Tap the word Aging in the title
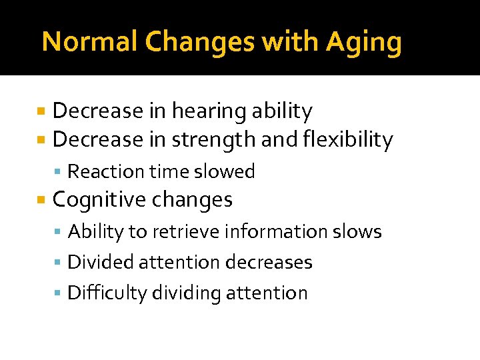pos(364,43)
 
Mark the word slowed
pos(225,171)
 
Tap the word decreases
pos(269,262)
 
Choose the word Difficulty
pos(108,293)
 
